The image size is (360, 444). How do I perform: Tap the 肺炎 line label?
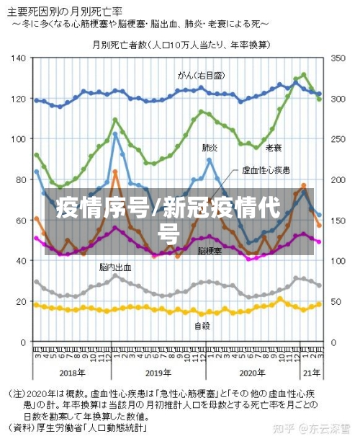[211, 147]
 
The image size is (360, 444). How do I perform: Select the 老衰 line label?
[274, 148]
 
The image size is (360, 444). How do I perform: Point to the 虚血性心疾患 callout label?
[266, 169]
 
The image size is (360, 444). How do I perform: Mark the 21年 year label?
[311, 373]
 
